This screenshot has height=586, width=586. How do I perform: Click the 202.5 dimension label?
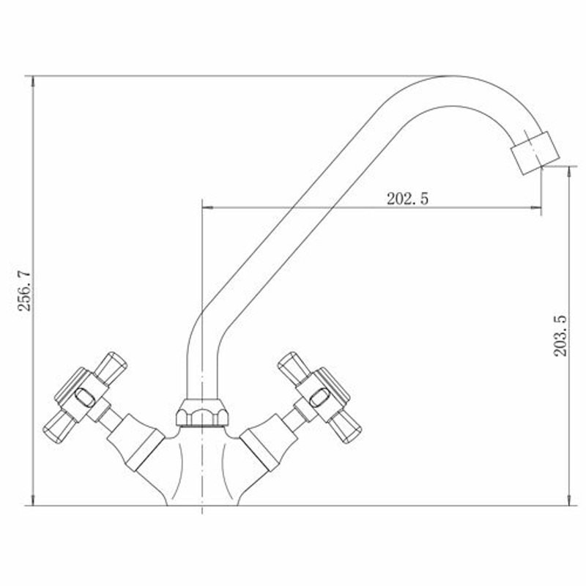(x=407, y=199)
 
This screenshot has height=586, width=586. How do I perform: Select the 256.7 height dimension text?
(x=26, y=290)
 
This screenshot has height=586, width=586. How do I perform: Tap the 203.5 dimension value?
(x=560, y=335)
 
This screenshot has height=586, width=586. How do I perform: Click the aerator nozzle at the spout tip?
(x=535, y=152)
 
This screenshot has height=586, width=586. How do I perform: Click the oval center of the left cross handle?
(x=85, y=397)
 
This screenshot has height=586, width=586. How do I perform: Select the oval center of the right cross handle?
(x=319, y=398)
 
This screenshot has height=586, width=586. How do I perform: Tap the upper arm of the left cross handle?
(x=111, y=368)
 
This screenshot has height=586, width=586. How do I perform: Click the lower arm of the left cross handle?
(x=60, y=427)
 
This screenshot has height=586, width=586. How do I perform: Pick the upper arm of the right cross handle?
(x=294, y=368)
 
